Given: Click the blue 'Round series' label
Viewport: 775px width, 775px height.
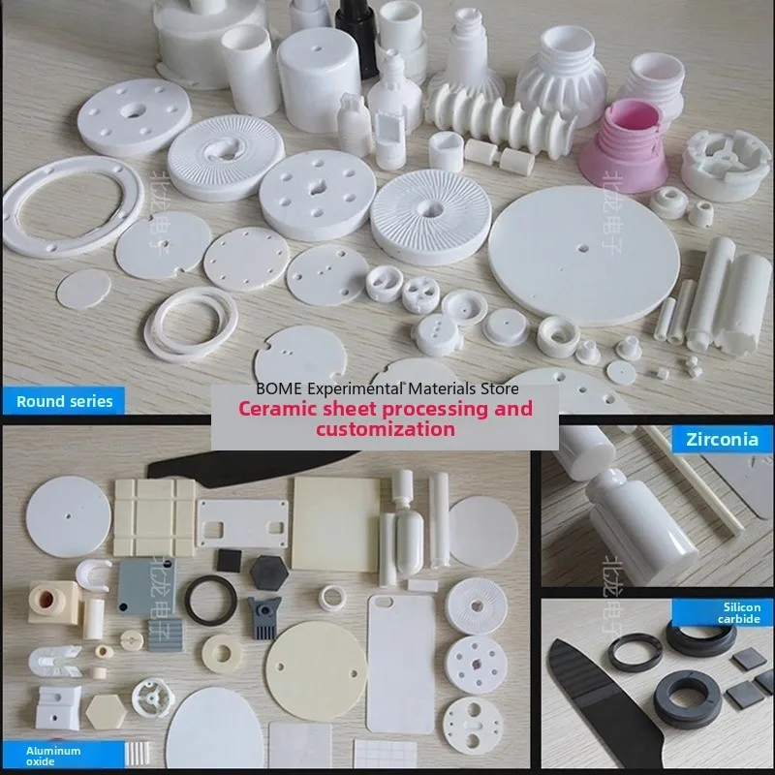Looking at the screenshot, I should point(63,400).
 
